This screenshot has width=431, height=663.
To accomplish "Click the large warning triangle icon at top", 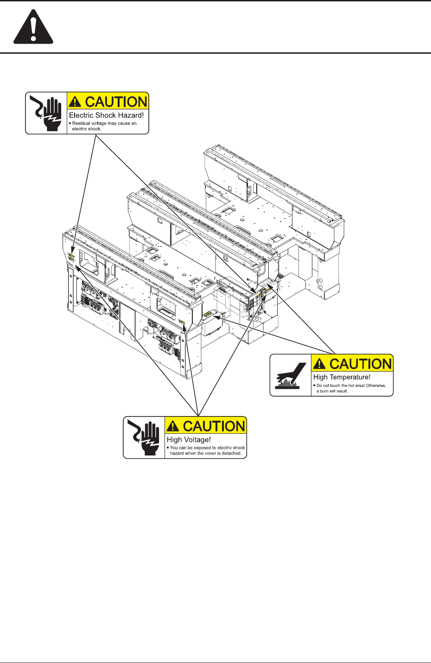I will (x=33, y=28).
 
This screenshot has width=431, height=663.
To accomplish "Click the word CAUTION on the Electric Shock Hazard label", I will (x=116, y=102).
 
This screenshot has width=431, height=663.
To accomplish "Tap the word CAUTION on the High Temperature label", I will (x=361, y=364).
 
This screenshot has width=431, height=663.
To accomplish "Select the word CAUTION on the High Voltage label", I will (x=214, y=426).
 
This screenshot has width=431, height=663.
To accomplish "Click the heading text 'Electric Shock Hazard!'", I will (x=106, y=115).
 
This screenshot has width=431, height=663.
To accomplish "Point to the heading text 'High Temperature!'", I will (x=342, y=378).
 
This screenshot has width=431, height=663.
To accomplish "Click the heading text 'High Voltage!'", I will (x=189, y=440).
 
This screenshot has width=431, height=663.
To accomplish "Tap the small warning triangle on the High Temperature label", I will (x=319, y=364).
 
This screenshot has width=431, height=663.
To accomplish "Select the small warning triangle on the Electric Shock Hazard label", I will (x=75, y=102).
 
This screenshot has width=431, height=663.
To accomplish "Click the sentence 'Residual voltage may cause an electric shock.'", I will (x=104, y=126).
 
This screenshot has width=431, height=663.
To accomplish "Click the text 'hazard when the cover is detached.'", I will (x=205, y=454).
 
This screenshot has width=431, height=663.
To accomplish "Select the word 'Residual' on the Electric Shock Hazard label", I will (x=80, y=124).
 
